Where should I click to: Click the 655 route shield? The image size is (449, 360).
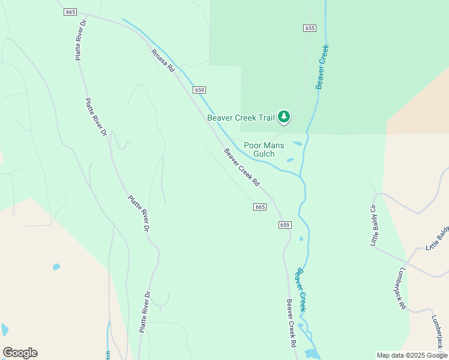310,28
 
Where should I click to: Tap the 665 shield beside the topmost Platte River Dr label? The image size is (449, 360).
71,13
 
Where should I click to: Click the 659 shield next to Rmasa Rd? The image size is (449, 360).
200,90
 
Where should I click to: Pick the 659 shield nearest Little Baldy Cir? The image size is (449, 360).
285,225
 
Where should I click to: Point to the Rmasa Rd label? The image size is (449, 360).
162,61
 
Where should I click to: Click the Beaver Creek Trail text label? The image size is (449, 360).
241,118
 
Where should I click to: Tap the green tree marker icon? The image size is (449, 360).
284,117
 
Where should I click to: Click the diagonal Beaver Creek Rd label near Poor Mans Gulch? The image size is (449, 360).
243,167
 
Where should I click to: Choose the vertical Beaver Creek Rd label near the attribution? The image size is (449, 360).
292,324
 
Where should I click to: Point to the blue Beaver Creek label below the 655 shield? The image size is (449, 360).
322,67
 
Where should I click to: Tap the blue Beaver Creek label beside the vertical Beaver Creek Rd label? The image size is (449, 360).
301,289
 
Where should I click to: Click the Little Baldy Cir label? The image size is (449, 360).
373,225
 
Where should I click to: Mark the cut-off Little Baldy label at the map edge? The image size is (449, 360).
437,239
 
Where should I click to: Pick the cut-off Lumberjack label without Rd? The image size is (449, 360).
440,328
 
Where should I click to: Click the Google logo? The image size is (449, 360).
20,353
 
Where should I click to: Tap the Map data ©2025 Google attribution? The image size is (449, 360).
411,355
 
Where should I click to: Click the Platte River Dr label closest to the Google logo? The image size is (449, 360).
146,312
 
